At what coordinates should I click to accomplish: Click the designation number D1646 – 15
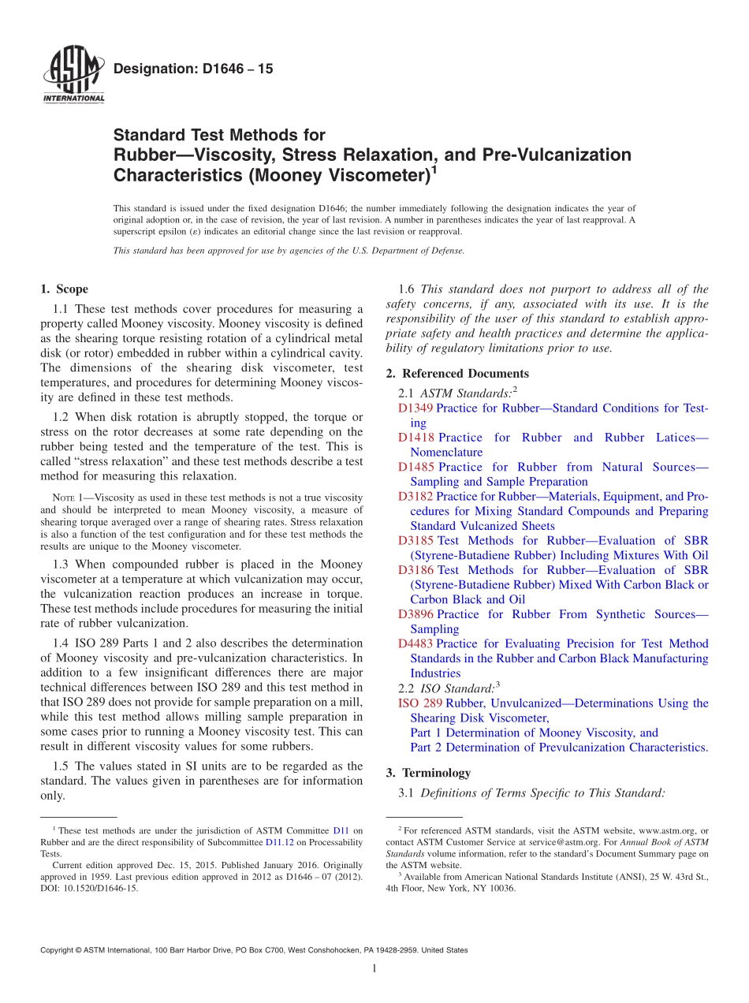point(193,69)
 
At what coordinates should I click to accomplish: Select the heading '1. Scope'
point(64,289)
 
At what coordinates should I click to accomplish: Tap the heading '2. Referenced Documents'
point(457,374)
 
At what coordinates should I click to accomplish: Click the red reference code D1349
point(415,408)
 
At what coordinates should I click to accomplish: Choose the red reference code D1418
point(415,438)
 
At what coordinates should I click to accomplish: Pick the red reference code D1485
point(415,468)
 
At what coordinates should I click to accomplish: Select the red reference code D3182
point(415,497)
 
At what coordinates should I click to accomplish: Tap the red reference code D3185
point(415,541)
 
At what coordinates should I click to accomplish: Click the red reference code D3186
point(415,570)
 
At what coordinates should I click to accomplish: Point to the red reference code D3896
point(415,614)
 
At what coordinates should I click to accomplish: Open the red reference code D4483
point(415,644)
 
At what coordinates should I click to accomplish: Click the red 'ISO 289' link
point(419,703)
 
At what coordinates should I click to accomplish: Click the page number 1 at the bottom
point(374,969)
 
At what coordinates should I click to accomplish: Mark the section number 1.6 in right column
point(408,289)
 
